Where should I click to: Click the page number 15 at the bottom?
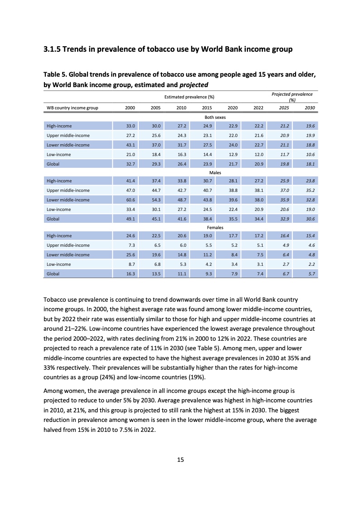click(x=180, y=460)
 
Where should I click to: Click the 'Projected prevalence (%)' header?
click(x=292, y=97)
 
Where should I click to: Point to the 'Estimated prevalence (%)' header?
click(x=189, y=97)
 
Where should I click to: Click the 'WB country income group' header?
click(x=72, y=108)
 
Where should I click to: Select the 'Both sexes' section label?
click(x=215, y=117)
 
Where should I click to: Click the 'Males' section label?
click(x=215, y=173)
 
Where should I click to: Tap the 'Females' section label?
click(x=215, y=227)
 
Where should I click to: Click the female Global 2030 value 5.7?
click(x=311, y=274)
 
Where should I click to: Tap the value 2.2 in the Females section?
click(x=311, y=264)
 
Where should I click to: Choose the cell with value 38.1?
click(x=258, y=191)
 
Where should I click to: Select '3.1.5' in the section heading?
click(x=51, y=49)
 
